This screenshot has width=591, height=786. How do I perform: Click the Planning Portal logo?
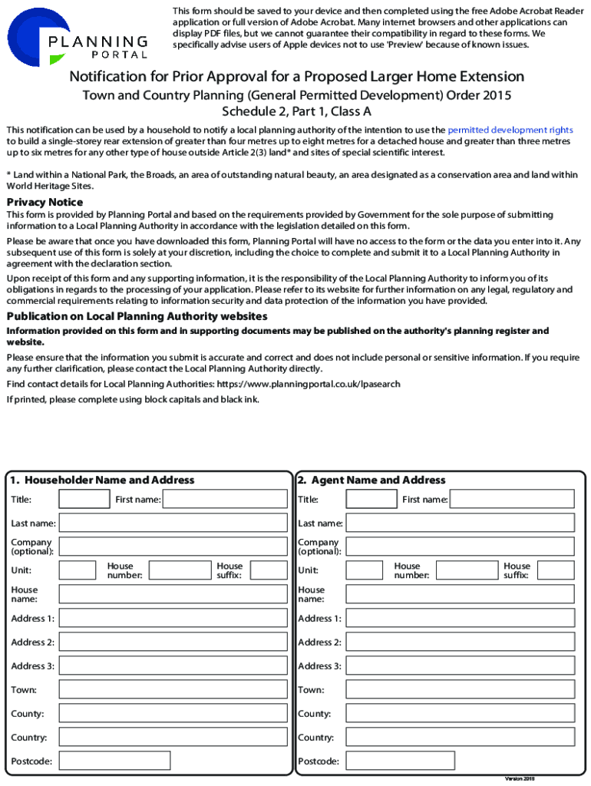click(77, 38)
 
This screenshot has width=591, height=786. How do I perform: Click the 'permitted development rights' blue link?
click(510, 130)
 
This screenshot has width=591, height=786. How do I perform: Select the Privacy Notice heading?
click(45, 202)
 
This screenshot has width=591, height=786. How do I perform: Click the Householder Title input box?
click(84, 500)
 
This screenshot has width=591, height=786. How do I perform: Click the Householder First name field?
click(224, 500)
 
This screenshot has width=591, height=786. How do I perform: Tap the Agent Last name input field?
click(460, 523)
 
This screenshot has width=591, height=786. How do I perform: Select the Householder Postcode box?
click(114, 761)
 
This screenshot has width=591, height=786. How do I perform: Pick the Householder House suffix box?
click(269, 570)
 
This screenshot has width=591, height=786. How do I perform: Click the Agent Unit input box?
click(364, 570)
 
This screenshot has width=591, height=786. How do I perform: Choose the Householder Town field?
click(173, 689)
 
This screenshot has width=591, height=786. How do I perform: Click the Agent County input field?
click(460, 713)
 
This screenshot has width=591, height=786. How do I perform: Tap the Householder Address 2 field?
click(173, 642)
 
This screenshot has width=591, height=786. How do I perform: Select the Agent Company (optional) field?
click(460, 547)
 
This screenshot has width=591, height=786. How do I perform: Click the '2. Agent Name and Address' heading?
click(371, 480)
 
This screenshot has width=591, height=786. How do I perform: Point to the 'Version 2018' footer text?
click(519, 778)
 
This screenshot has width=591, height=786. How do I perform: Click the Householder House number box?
click(179, 570)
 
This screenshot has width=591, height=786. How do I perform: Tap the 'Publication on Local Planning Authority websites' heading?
click(137, 316)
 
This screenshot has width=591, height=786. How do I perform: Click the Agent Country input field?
click(460, 737)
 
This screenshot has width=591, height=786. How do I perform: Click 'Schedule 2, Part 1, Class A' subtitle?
click(296, 111)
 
